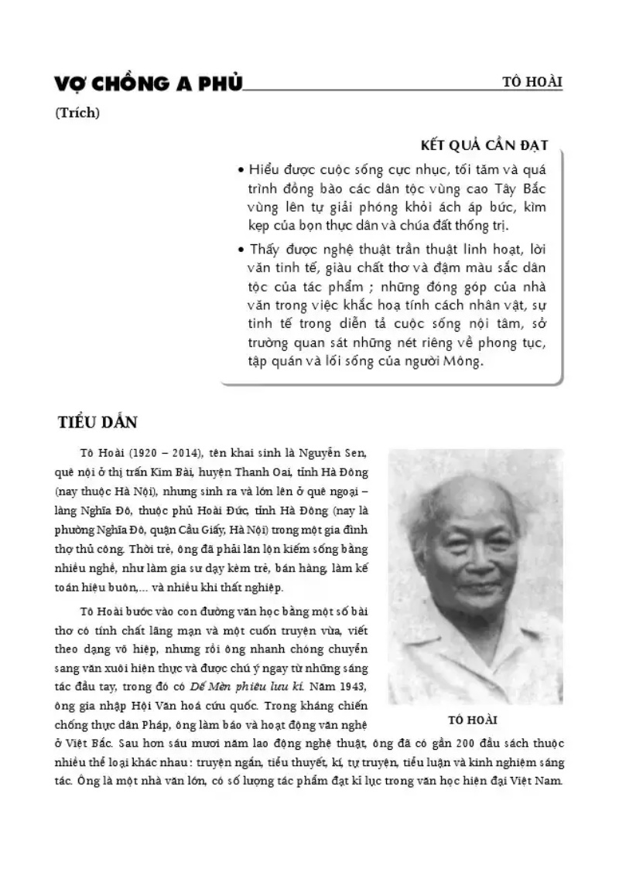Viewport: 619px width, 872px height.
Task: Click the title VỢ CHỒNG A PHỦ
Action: tap(148, 84)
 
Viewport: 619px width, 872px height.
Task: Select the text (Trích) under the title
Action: tap(77, 113)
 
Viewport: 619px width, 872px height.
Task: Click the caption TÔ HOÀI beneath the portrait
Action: tap(473, 720)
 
